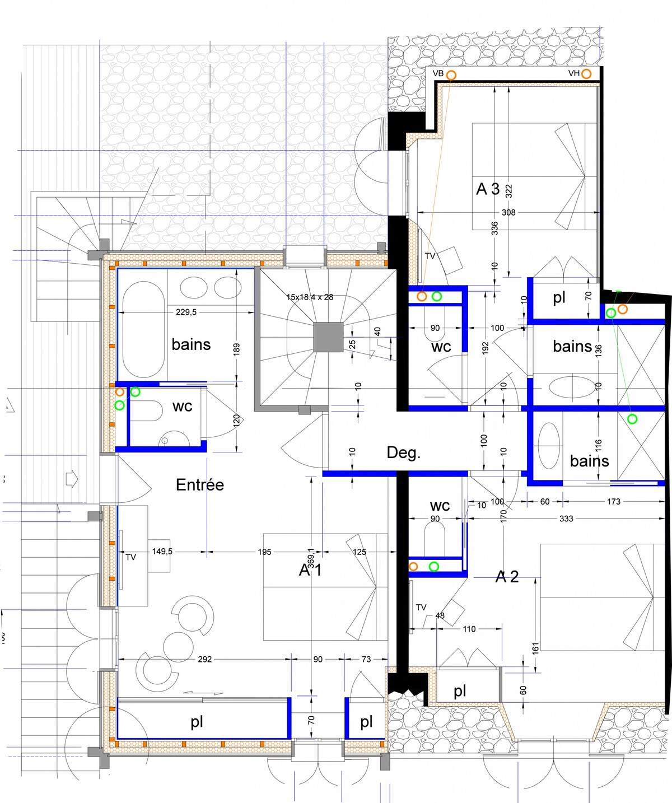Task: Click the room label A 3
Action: coord(488,189)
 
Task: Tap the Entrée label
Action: coord(199,485)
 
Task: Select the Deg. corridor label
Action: coord(403,452)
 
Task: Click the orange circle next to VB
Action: coord(451,75)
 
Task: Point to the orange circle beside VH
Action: coord(586,73)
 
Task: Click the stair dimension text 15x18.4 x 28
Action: coord(310,297)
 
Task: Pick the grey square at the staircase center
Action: coord(328,337)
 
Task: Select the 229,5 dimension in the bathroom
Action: coord(186,312)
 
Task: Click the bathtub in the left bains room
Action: coord(143,329)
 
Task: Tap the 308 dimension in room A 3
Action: coord(508,212)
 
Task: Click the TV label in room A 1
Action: coord(131,557)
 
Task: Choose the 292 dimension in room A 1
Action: coord(204,659)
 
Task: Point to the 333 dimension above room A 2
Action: coord(566,519)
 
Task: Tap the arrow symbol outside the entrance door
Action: coord(72,479)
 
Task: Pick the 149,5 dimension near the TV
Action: coord(162,552)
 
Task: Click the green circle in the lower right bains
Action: coord(632,419)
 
